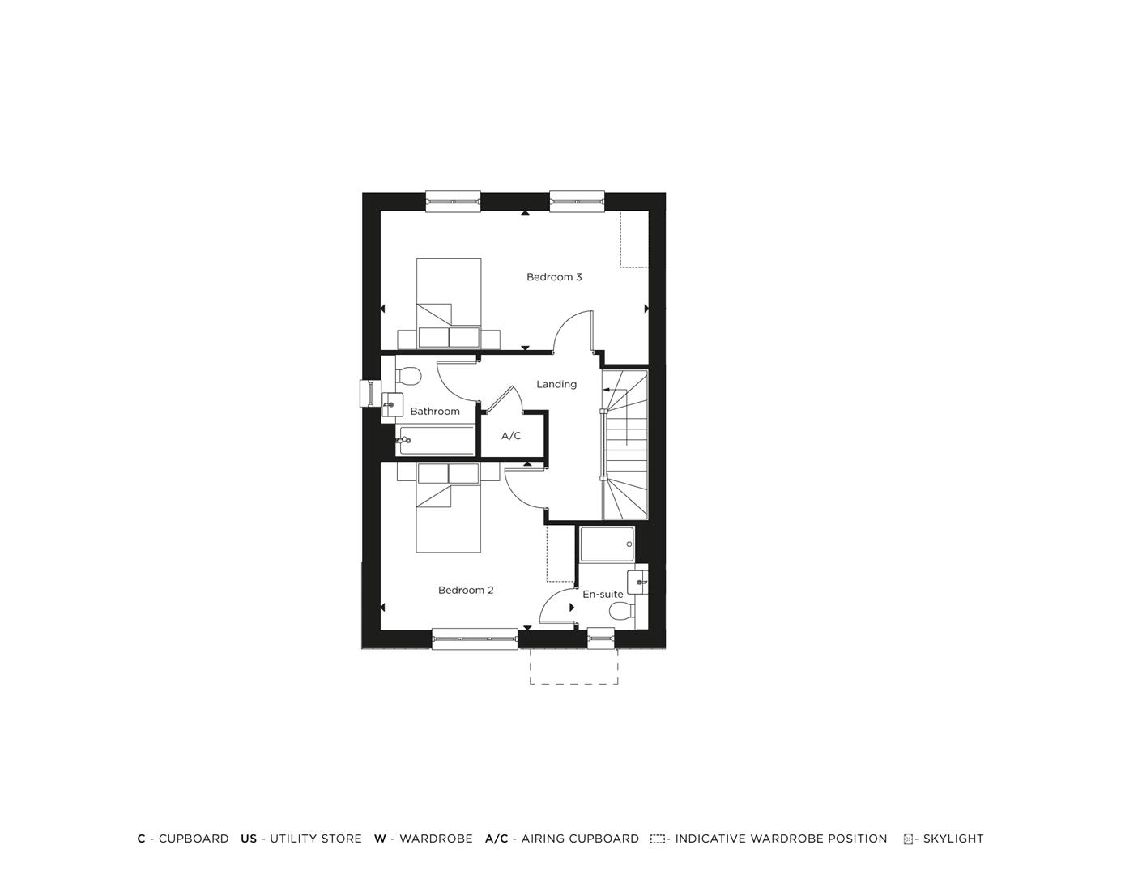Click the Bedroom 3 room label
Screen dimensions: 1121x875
pyautogui.click(x=553, y=277)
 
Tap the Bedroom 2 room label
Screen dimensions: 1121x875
pyautogui.click(x=465, y=590)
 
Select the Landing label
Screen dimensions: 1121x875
pyautogui.click(x=556, y=384)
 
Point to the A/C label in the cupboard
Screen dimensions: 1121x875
pyautogui.click(x=511, y=436)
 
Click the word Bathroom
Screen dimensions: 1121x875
pyautogui.click(x=434, y=412)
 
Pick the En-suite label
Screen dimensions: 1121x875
pyautogui.click(x=603, y=595)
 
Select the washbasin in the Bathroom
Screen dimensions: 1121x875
pyautogui.click(x=392, y=405)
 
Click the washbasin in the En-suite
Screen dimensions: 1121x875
pyautogui.click(x=637, y=583)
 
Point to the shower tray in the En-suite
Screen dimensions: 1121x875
pyautogui.click(x=607, y=544)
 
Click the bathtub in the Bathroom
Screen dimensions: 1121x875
pyautogui.click(x=436, y=440)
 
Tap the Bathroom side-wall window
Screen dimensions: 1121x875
pyautogui.click(x=370, y=394)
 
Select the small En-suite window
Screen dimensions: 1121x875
pyautogui.click(x=601, y=638)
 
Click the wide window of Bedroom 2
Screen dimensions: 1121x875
pyautogui.click(x=475, y=638)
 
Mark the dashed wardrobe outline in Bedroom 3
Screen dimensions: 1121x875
pyautogui.click(x=634, y=239)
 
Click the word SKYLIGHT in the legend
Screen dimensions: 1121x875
pyautogui.click(x=953, y=839)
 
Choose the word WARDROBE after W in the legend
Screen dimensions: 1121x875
pyautogui.click(x=436, y=839)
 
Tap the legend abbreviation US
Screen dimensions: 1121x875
pyautogui.click(x=249, y=839)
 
